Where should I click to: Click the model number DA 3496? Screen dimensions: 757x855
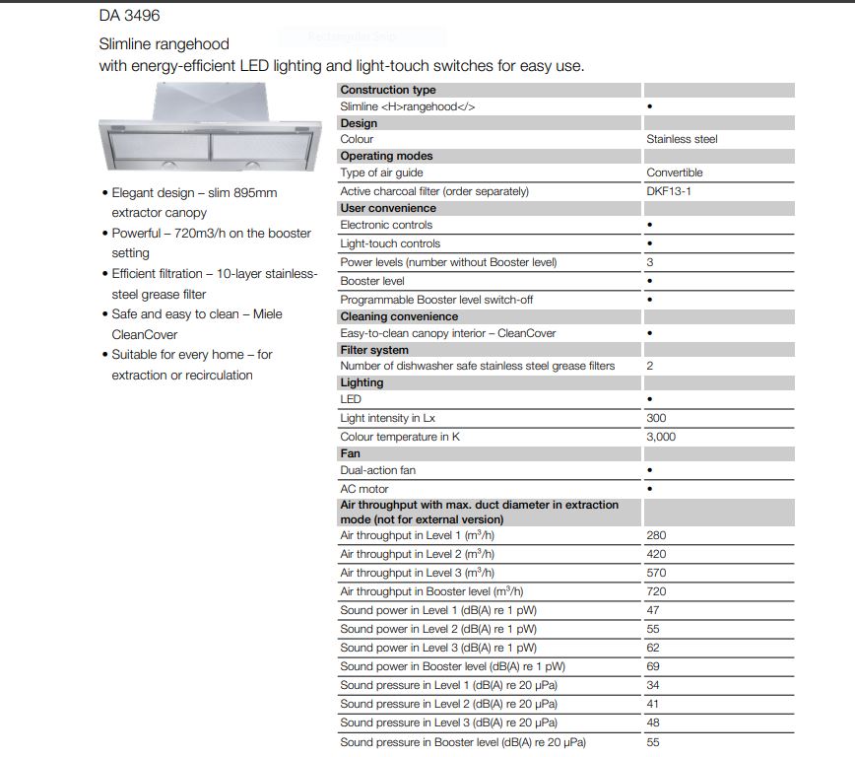129,17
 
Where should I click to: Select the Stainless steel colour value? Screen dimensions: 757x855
682,139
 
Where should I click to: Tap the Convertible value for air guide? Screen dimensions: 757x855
674,172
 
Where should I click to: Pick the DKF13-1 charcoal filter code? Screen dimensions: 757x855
669,191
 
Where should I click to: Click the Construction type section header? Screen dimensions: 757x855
388,90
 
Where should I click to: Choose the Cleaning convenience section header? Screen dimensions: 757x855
399,316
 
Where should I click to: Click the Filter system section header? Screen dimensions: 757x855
374,350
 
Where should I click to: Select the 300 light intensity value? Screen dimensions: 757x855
656,418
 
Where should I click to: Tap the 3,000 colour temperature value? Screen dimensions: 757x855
661,437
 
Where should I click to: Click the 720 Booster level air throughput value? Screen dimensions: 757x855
656,591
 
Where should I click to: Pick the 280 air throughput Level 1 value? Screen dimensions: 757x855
656,535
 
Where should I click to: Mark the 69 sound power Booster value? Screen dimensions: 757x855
653,666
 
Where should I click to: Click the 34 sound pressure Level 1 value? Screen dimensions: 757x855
653,685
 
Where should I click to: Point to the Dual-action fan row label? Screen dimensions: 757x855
377,470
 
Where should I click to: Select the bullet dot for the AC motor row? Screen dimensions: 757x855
650,489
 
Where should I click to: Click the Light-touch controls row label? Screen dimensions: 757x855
390,243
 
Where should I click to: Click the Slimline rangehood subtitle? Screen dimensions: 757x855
164,44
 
